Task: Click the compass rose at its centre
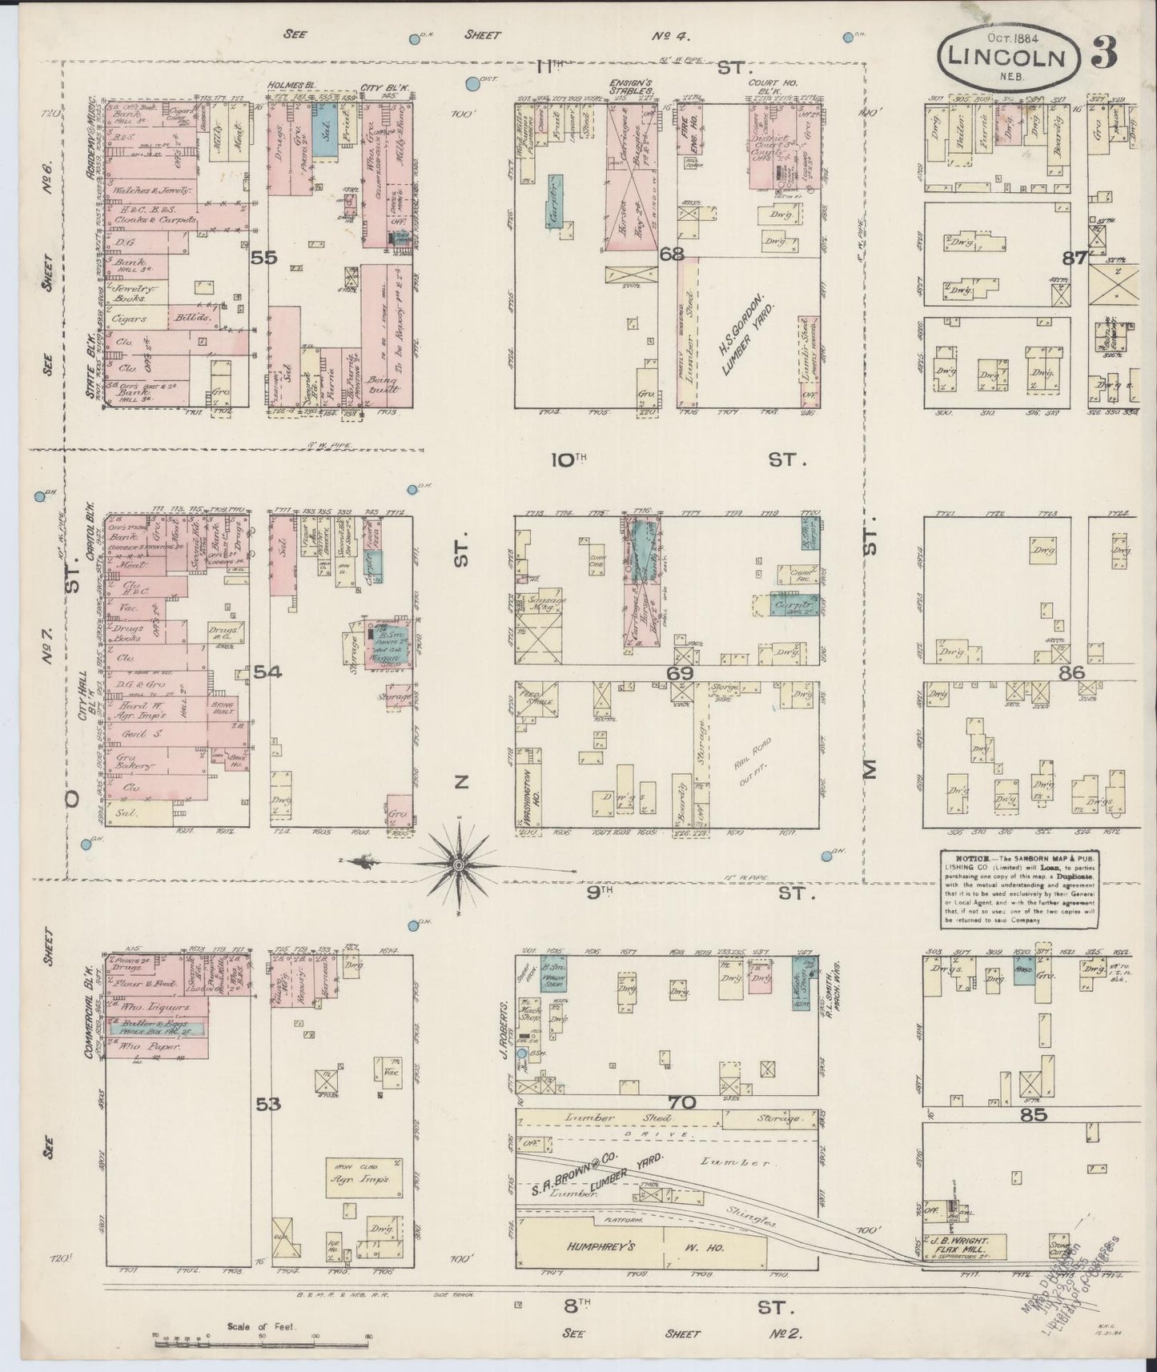457,865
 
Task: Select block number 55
263,258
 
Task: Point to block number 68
671,255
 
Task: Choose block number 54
267,673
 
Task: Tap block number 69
680,673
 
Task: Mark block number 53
268,1105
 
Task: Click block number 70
682,1103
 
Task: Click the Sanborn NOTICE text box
1018,889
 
